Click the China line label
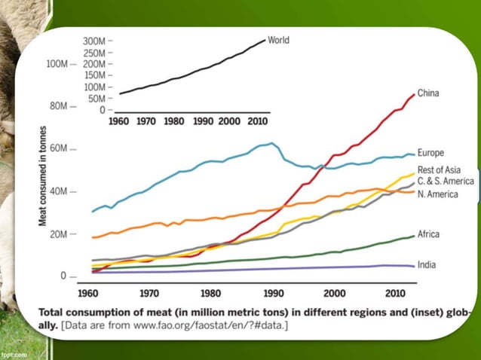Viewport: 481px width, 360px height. coord(429,93)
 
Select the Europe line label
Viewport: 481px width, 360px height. coord(433,153)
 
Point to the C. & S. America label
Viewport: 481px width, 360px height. coord(446,182)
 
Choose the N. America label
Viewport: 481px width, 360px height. coord(440,194)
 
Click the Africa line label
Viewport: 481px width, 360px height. coord(430,234)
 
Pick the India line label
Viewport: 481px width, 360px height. coord(427,264)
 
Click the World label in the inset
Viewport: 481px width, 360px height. coord(279,39)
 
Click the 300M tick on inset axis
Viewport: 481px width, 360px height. coord(96,40)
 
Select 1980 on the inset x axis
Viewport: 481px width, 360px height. coord(174,121)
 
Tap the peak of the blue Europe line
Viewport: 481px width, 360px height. coord(272,143)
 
